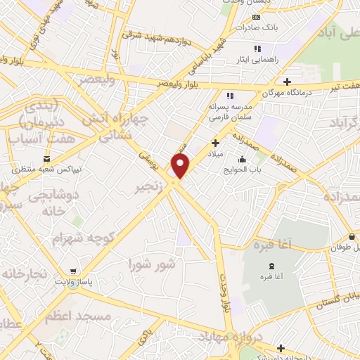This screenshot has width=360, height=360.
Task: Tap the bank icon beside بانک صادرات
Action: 255,16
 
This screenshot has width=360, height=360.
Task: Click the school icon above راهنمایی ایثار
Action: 258,49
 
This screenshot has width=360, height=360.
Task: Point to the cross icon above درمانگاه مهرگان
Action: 288,81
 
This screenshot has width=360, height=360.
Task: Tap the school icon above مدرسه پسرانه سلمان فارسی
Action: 229,96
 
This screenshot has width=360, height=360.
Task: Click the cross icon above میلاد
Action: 215,143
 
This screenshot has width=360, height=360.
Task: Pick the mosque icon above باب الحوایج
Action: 242,159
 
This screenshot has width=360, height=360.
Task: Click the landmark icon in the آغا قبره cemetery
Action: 272,265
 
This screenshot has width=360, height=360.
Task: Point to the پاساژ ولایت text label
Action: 74,283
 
